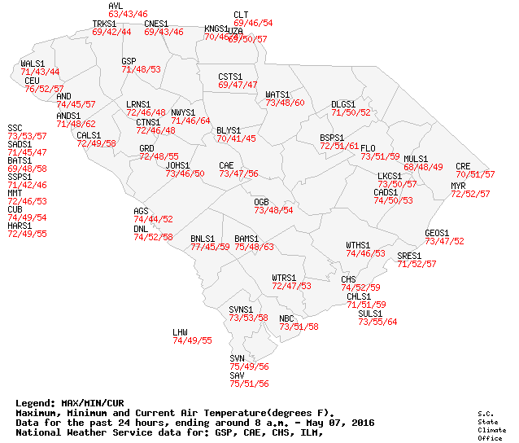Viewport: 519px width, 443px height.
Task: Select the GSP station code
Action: point(129,61)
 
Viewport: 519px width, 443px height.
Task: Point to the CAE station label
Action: point(226,165)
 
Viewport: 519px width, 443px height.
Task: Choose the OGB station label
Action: point(261,201)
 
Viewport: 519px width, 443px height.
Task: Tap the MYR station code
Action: point(458,186)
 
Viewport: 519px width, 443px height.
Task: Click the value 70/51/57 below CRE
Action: point(475,174)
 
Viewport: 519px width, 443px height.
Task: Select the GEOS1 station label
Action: point(437,233)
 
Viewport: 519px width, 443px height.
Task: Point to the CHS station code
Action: point(348,279)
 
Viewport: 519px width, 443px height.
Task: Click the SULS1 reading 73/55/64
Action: point(377,322)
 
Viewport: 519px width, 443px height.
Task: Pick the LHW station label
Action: point(180,332)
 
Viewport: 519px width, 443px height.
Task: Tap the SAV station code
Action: point(237,375)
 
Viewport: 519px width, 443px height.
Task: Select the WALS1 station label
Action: point(33,64)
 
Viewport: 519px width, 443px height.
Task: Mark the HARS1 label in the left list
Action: point(20,226)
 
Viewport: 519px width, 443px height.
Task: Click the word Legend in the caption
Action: point(35,403)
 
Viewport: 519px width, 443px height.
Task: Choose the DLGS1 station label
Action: point(343,104)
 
